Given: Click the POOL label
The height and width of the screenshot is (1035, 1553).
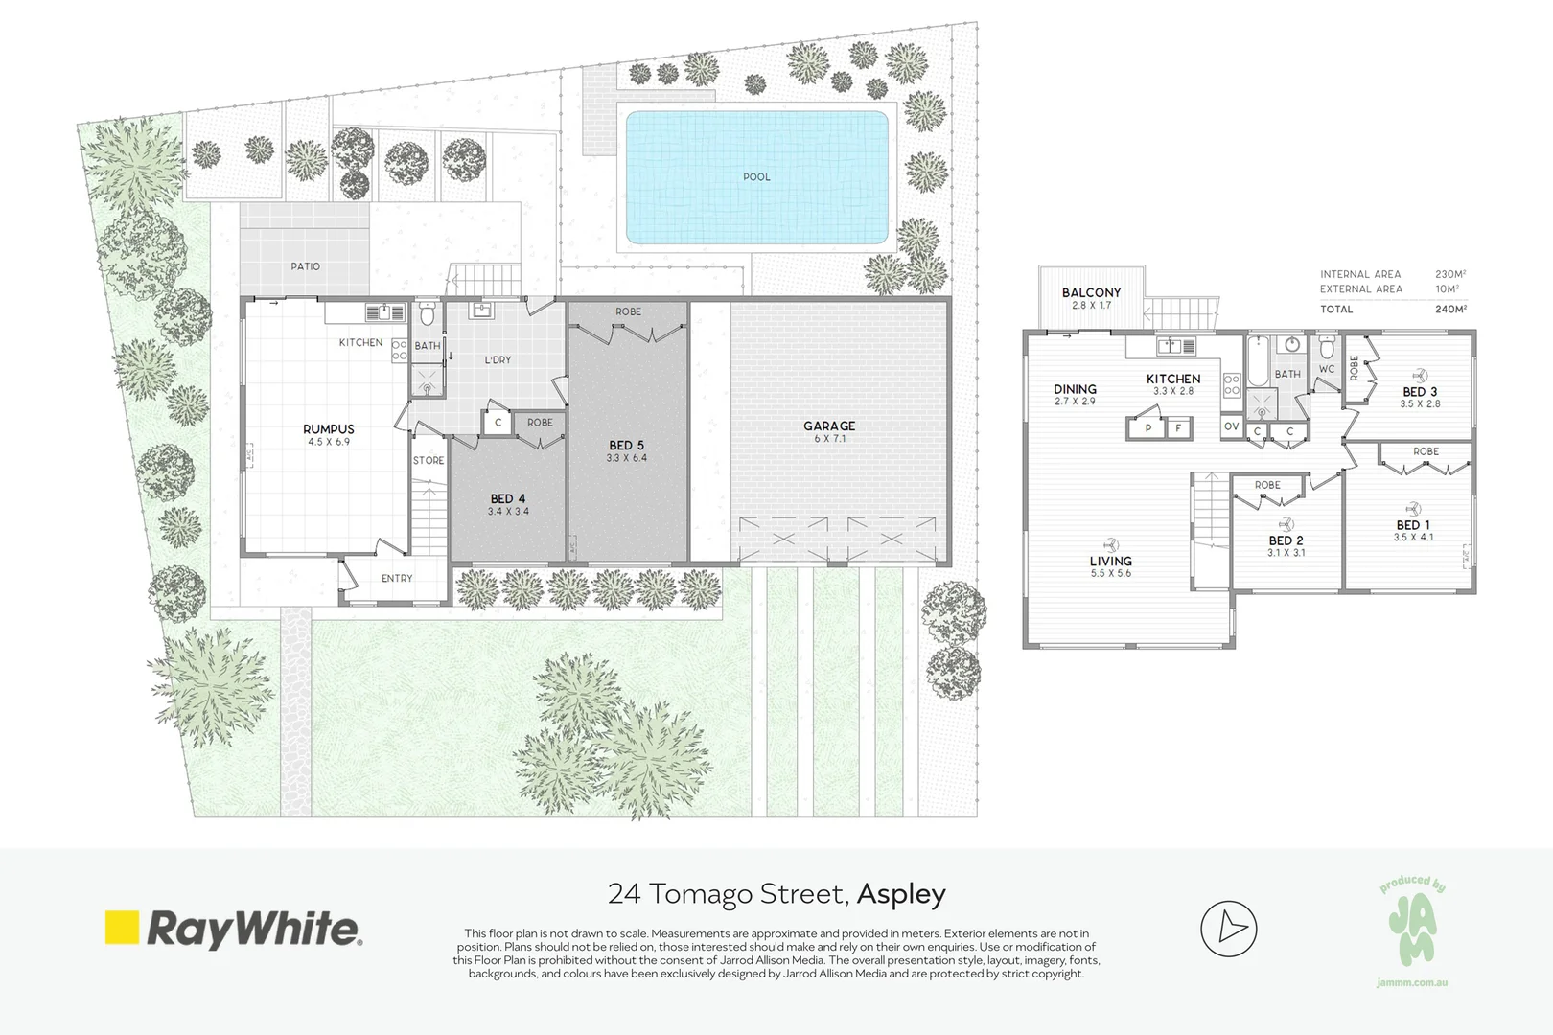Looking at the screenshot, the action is [756, 176].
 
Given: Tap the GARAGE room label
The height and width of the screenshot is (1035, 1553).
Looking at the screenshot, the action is [829, 425].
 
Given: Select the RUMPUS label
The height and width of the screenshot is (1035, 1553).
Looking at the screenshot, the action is [329, 429].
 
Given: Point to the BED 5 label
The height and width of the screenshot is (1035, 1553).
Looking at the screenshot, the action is [627, 445].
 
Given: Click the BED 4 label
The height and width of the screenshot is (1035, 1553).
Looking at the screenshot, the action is [508, 498].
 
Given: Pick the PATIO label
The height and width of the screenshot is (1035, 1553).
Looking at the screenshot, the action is [305, 266].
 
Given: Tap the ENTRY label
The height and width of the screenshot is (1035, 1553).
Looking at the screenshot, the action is [397, 578].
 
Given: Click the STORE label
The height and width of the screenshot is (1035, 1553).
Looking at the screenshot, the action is [429, 460].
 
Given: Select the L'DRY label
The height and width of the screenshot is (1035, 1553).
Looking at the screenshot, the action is [498, 359].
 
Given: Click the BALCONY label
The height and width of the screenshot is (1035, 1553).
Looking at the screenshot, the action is [1091, 292].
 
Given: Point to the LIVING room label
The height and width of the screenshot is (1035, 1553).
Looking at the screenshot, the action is [1111, 561].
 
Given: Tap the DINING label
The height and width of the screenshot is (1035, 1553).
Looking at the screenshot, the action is [1075, 389].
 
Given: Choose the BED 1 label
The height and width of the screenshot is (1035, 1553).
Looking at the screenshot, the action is [1413, 525].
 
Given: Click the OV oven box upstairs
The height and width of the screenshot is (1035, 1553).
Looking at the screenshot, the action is [1231, 426].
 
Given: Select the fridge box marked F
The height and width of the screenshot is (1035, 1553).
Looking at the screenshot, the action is [1178, 428].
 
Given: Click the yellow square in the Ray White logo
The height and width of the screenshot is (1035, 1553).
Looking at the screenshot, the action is [122, 928].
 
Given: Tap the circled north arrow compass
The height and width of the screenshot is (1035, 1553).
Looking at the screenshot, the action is [1229, 929].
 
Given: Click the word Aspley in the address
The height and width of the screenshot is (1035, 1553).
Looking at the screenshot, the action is [901, 895].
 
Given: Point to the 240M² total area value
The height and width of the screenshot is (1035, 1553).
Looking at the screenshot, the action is [1450, 309].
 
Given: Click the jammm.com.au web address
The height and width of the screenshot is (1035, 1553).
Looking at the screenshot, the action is [1412, 982].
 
